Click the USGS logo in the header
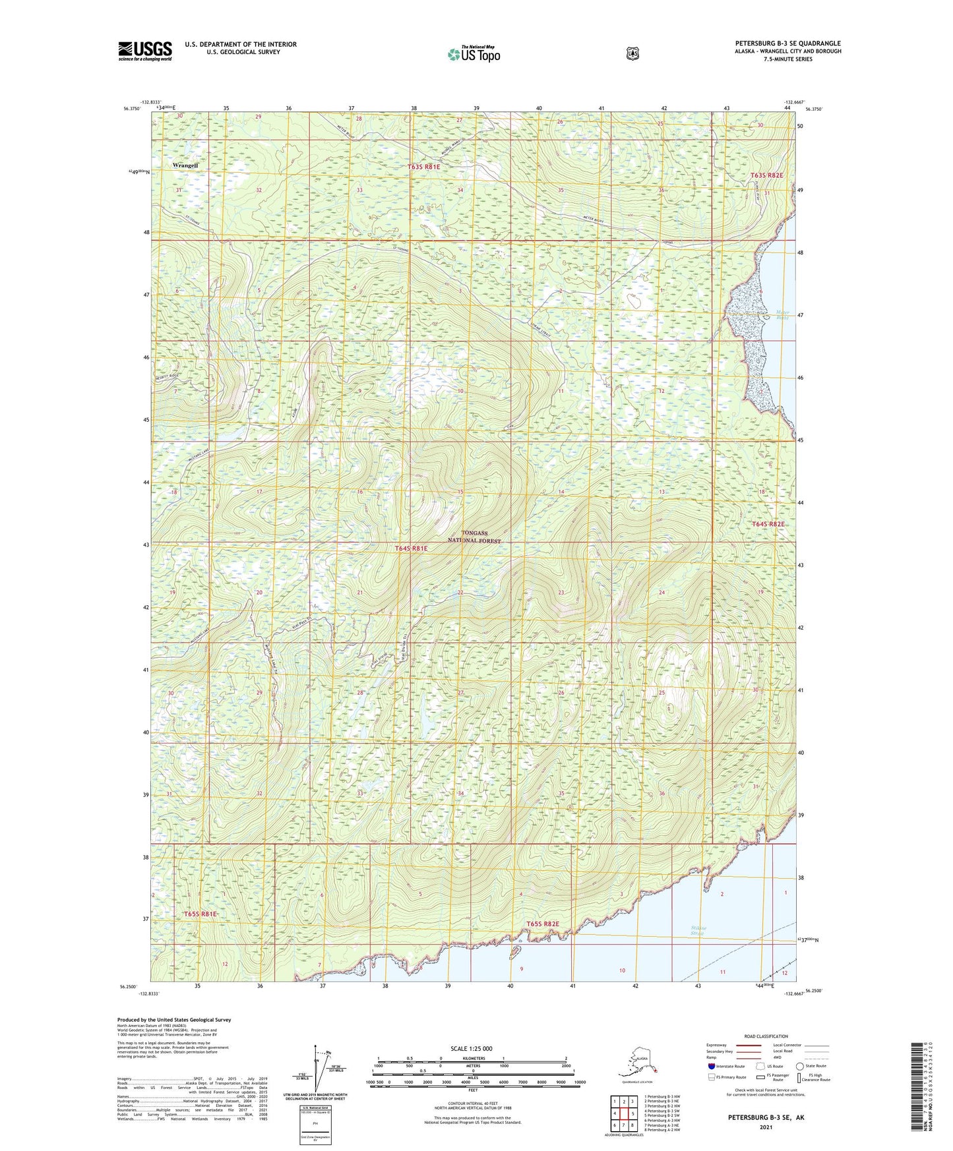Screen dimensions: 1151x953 (145, 51)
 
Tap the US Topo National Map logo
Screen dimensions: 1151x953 (473, 53)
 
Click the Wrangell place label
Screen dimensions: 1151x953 (185, 165)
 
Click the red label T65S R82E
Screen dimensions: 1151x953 (543, 924)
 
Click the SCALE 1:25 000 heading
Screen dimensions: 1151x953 (472, 1048)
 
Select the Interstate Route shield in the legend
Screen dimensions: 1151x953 (712, 1066)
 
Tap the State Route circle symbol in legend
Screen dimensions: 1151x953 (800, 1066)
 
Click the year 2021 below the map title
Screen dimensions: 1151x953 (765, 1127)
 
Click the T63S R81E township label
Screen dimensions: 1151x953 (423, 167)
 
